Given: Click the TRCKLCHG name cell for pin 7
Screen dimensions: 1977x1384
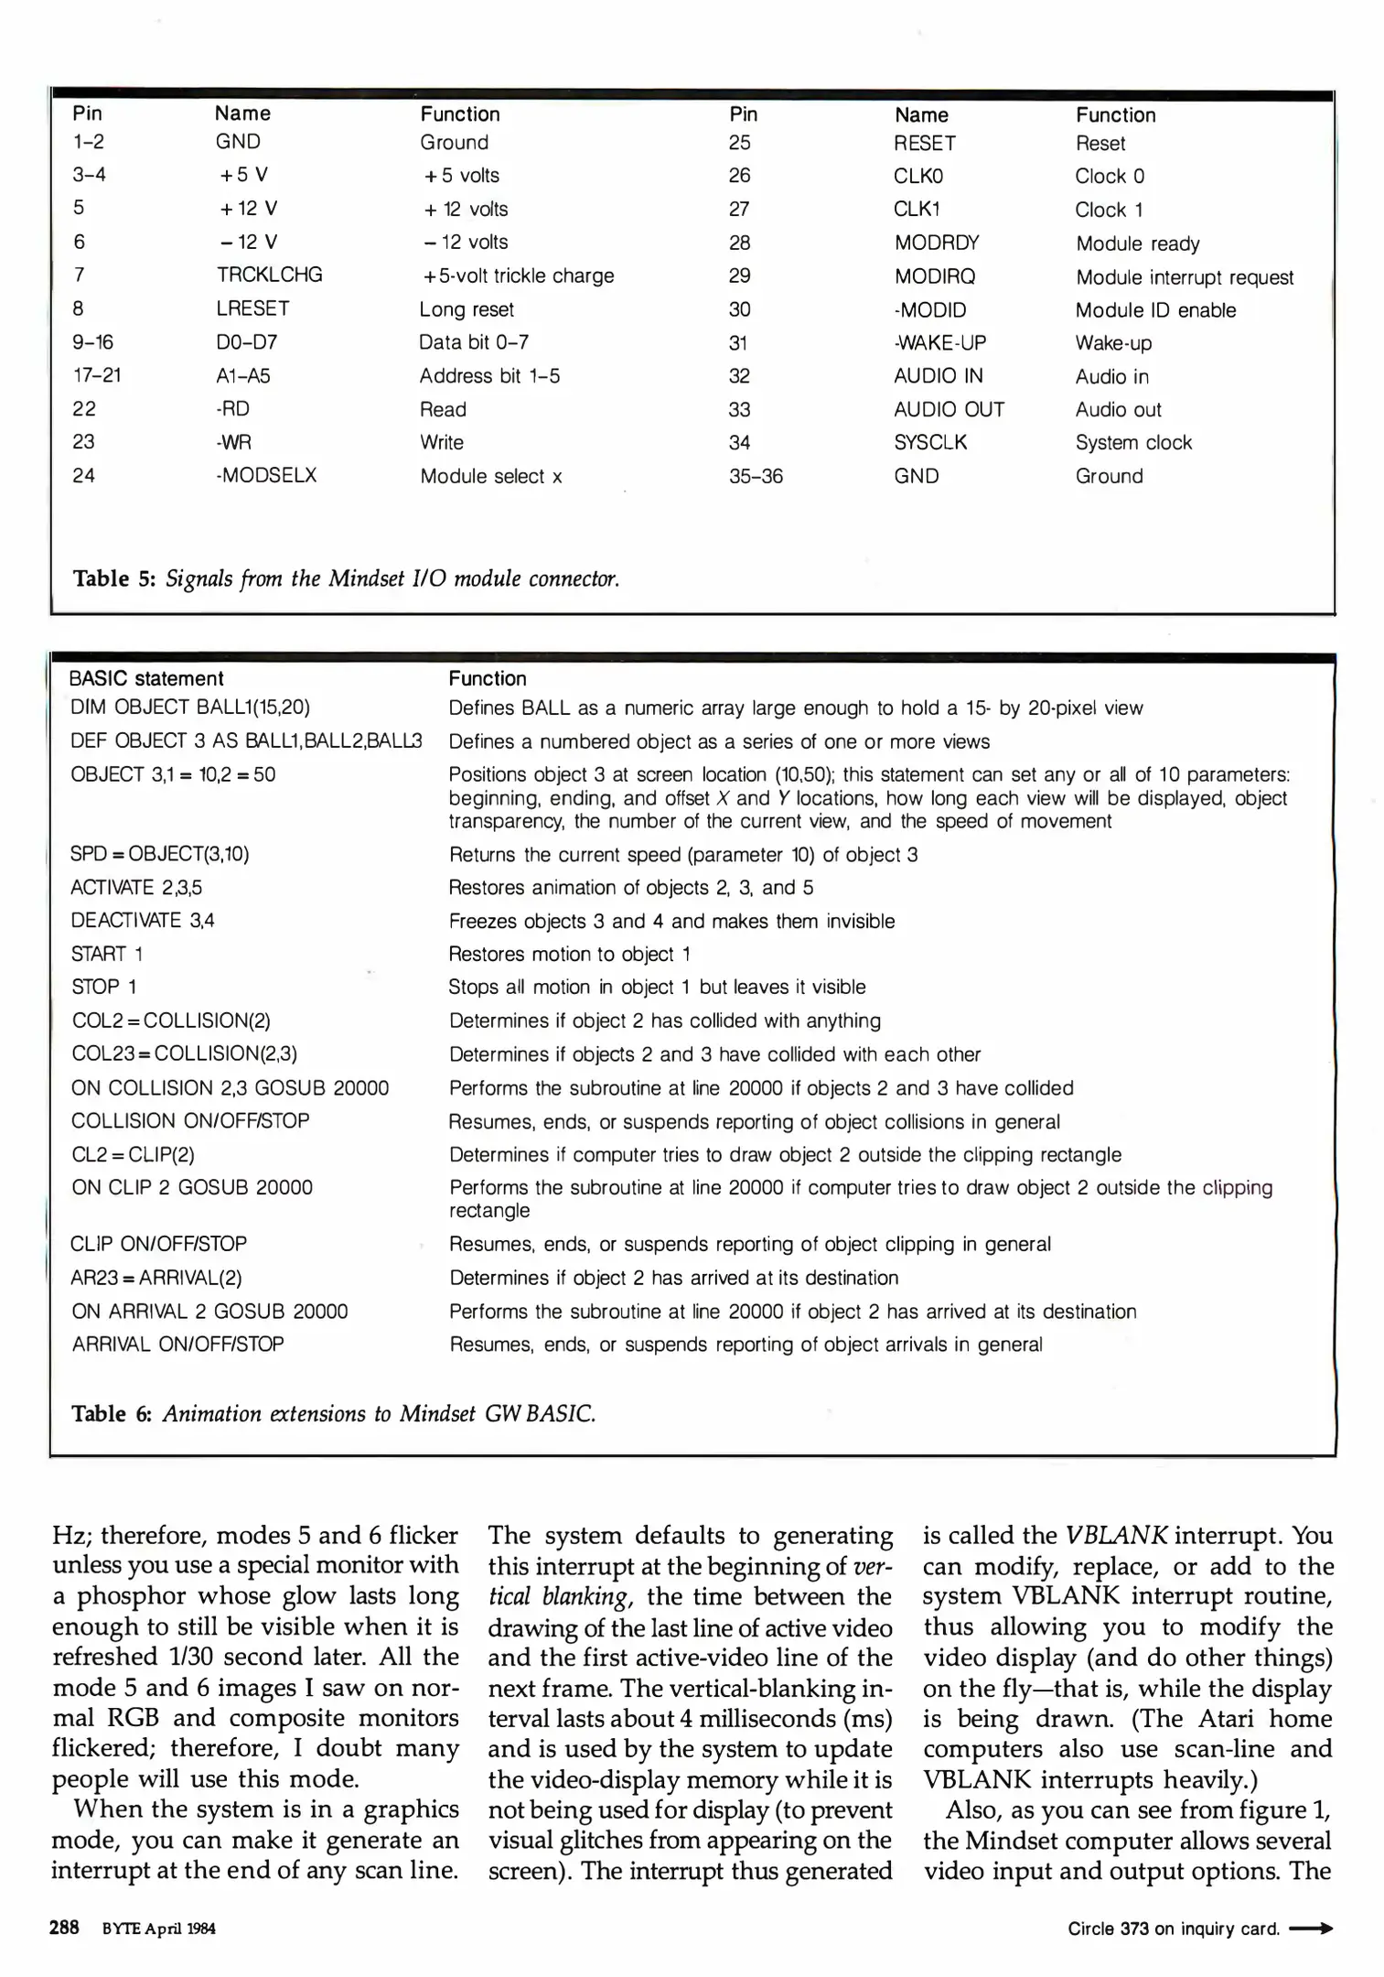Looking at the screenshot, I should click(x=269, y=275).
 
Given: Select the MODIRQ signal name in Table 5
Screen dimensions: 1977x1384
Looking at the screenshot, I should click(x=934, y=276).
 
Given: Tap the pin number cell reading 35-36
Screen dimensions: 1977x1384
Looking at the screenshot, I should click(x=756, y=476).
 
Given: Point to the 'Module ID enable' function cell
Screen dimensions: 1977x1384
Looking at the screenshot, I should click(x=1155, y=310).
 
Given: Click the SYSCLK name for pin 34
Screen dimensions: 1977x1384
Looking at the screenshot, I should click(x=930, y=443).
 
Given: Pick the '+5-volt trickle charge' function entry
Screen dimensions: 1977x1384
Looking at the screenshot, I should click(x=517, y=275).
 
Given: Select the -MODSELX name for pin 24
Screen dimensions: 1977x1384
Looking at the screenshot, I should click(x=266, y=476).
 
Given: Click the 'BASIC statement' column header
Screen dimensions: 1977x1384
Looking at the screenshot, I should click(x=146, y=678).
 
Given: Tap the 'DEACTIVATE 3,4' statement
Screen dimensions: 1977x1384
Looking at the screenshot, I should click(x=143, y=921).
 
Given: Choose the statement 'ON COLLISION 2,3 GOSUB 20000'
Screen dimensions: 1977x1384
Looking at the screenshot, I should click(x=230, y=1088).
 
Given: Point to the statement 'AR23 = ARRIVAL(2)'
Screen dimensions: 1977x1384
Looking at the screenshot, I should click(x=156, y=1278).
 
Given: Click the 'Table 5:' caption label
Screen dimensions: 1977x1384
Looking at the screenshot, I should click(x=115, y=578).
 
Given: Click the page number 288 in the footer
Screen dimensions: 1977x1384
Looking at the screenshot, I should click(x=64, y=1928).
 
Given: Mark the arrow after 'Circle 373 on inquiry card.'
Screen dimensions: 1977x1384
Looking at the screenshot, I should click(x=1310, y=1928).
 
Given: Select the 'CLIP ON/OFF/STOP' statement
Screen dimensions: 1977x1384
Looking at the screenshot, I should click(x=158, y=1244).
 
